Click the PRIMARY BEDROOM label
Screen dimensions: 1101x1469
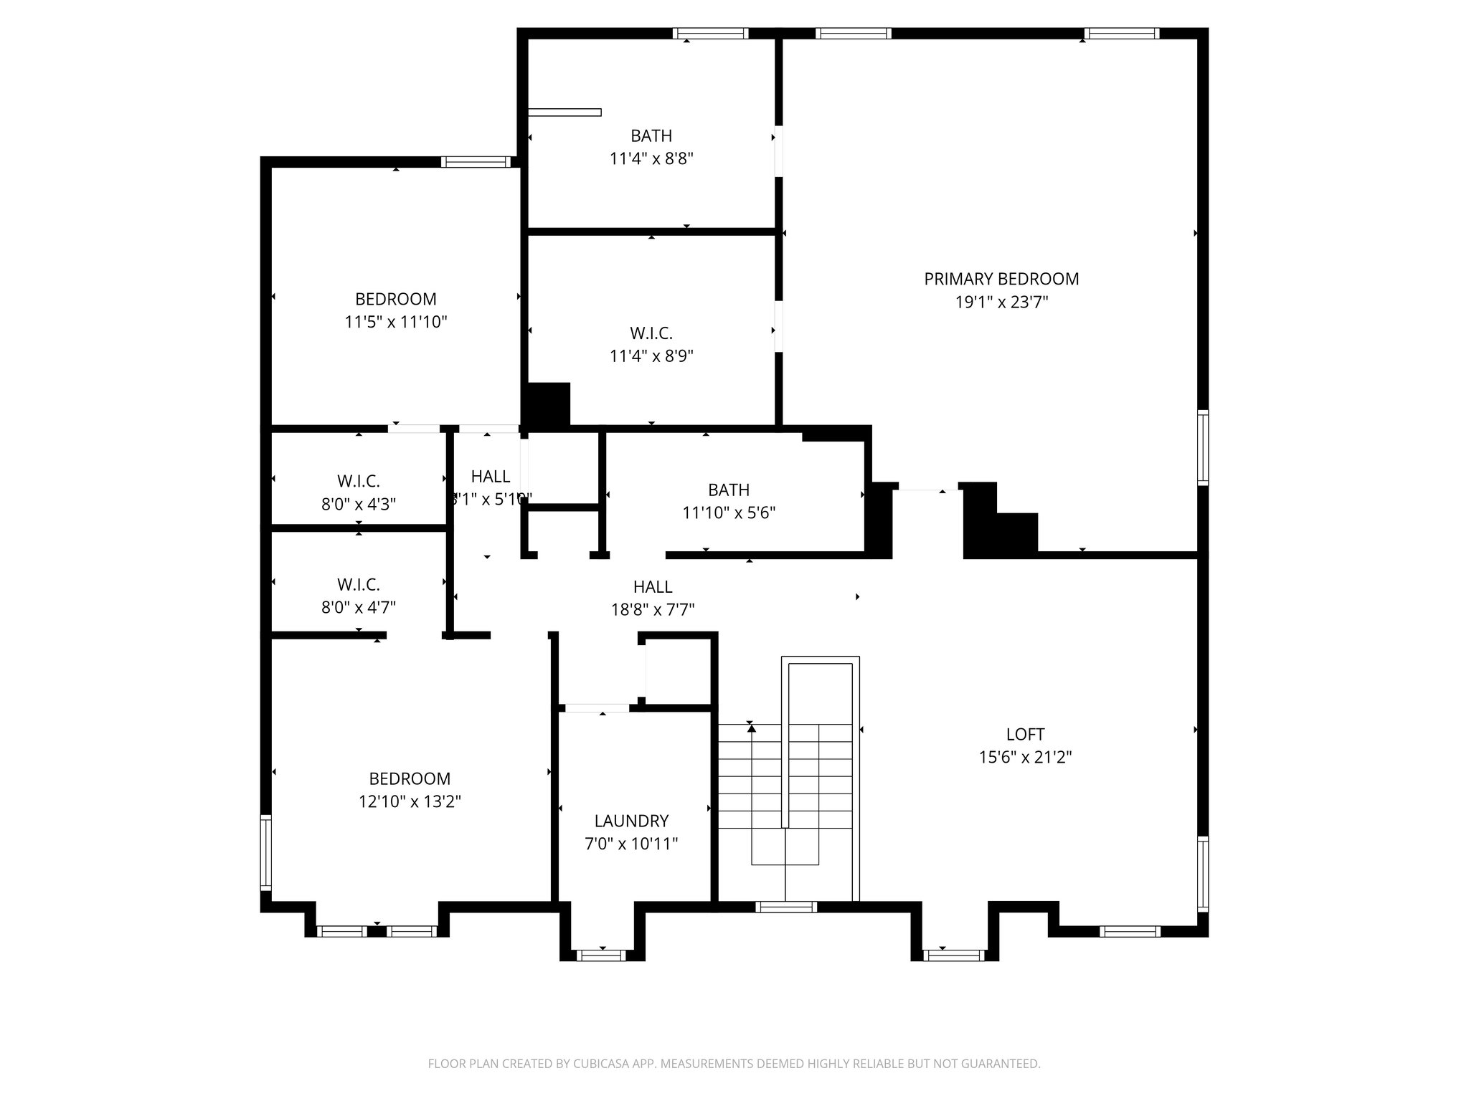pyautogui.click(x=1001, y=279)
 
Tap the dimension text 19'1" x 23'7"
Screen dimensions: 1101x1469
pyautogui.click(x=1001, y=302)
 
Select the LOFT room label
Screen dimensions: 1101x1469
pyautogui.click(x=1025, y=734)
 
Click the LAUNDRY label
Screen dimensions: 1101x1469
pyautogui.click(x=631, y=821)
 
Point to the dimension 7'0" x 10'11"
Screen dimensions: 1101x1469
pyautogui.click(x=631, y=844)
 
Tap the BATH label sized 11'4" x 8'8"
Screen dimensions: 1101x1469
pyautogui.click(x=651, y=135)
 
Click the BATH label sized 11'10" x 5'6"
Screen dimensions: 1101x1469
pyautogui.click(x=729, y=490)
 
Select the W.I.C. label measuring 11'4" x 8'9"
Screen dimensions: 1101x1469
pyautogui.click(x=651, y=333)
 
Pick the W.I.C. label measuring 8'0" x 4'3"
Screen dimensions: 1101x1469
pyautogui.click(x=359, y=481)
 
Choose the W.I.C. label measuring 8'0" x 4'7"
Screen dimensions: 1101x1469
pyautogui.click(x=359, y=584)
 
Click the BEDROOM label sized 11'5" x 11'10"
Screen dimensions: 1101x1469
pyautogui.click(x=396, y=299)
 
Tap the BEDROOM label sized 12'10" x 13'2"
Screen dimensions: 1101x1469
pyautogui.click(x=410, y=778)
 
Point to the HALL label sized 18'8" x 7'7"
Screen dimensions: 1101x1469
pyautogui.click(x=653, y=587)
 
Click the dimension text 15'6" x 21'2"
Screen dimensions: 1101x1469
pyautogui.click(x=1025, y=757)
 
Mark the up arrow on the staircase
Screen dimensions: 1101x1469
pyautogui.click(x=751, y=728)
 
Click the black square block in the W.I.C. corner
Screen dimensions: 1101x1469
pyautogui.click(x=549, y=405)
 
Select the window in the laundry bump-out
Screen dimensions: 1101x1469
pyautogui.click(x=601, y=955)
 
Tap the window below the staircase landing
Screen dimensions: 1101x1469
pyautogui.click(x=786, y=907)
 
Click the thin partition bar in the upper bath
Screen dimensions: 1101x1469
pyautogui.click(x=565, y=112)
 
